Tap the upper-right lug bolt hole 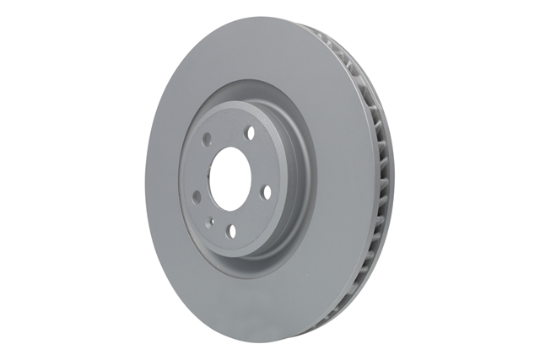pyautogui.click(x=251, y=132)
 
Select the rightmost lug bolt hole pyautogui.click(x=267, y=192)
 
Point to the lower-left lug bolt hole pyautogui.click(x=197, y=196)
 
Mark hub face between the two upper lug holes pyautogui.click(x=229, y=128)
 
